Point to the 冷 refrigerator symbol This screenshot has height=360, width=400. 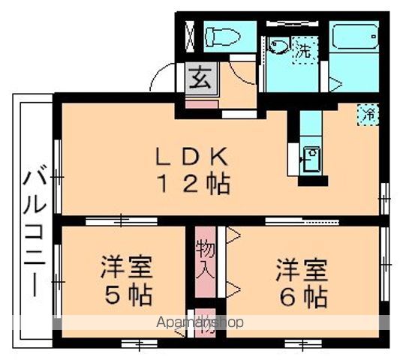click(368, 115)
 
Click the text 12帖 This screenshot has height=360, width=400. click(192, 183)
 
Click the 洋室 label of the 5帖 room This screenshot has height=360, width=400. click(127, 268)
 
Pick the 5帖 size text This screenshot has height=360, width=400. click(127, 294)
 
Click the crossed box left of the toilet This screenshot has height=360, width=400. click(188, 36)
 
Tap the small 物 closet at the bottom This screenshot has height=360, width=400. click(206, 322)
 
